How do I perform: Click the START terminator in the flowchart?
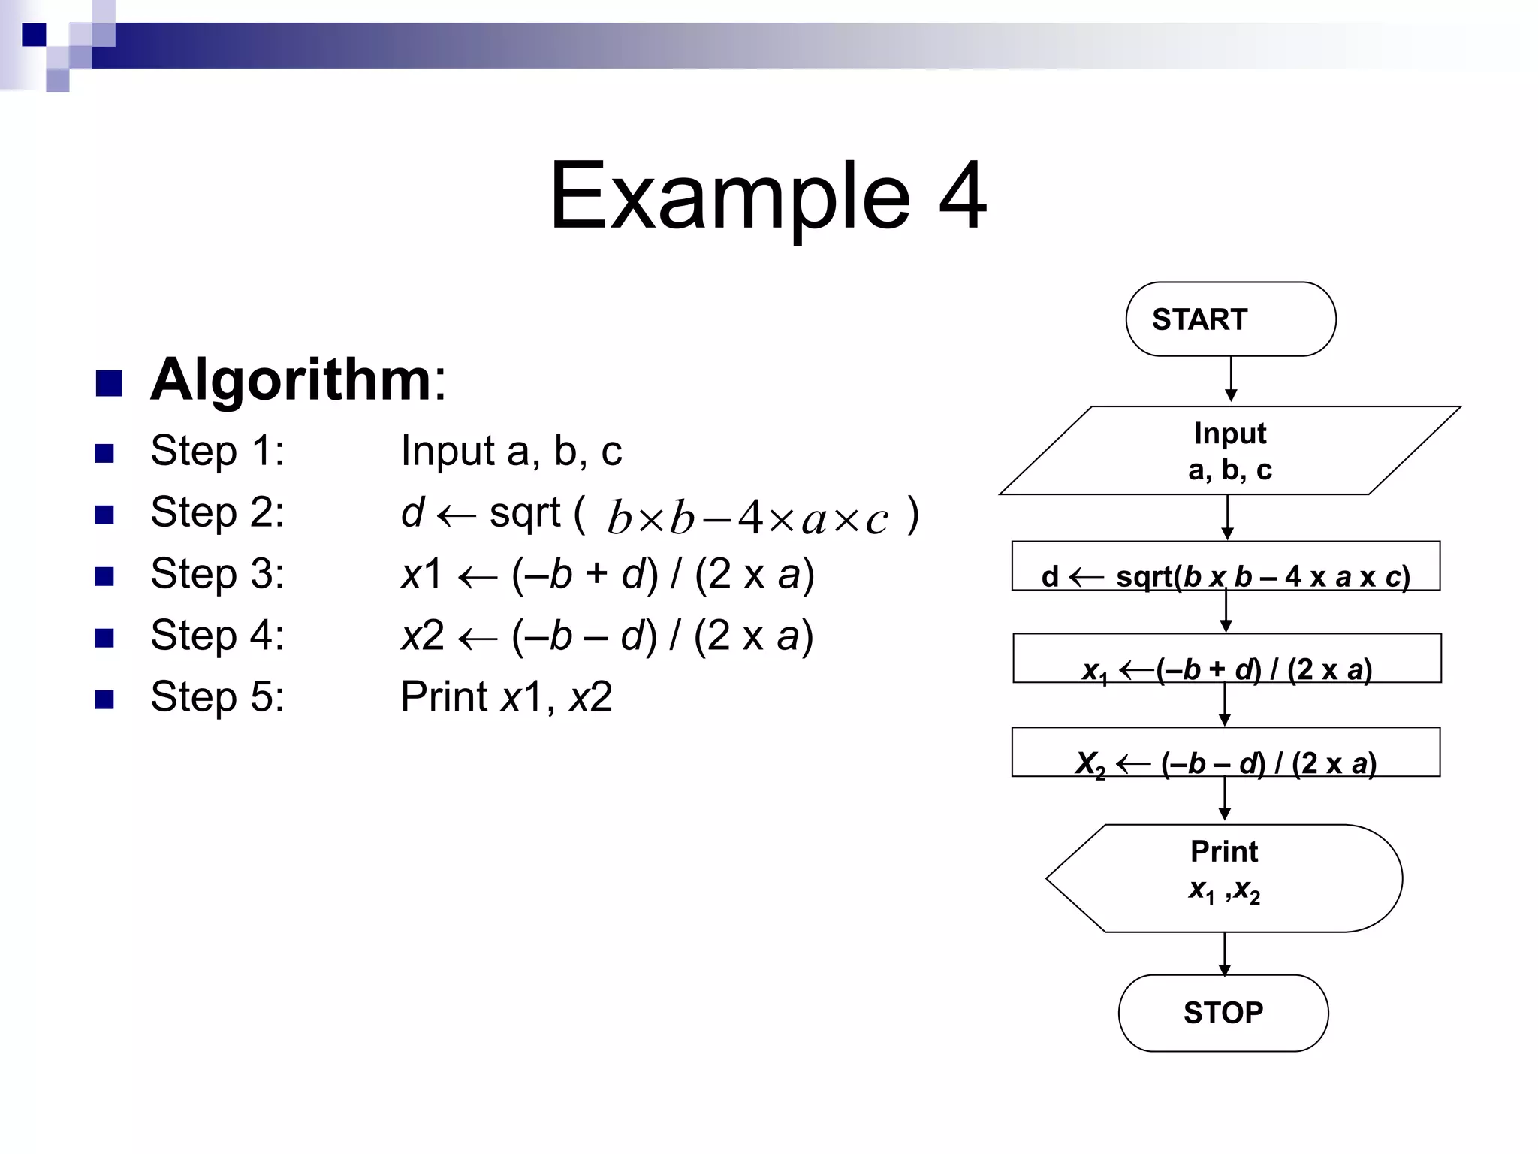coord(1230,319)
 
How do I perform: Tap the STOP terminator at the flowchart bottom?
coord(1223,1013)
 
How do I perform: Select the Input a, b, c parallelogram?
coord(1229,451)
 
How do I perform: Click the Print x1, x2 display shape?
coord(1224,878)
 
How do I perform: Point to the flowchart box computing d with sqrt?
coord(1226,566)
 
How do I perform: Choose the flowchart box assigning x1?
coord(1226,659)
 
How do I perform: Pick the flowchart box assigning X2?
coord(1226,752)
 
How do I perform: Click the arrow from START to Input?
coord(1231,379)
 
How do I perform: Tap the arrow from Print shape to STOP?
coord(1224,953)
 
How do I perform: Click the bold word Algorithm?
coord(291,379)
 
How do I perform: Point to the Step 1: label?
coord(217,451)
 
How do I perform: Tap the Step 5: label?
coord(217,696)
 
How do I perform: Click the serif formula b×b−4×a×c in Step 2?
coord(747,518)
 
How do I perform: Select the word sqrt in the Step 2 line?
coord(524,513)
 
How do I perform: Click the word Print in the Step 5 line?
coord(443,696)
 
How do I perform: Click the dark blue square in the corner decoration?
coord(34,35)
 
